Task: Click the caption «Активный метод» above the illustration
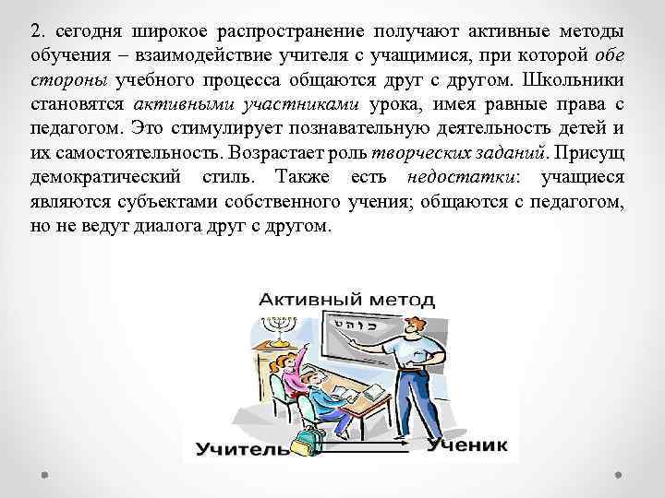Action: coord(345,299)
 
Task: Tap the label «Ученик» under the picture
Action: coord(467,445)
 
